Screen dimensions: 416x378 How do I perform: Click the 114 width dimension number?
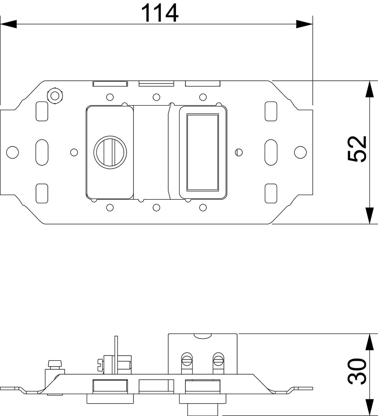click(160, 13)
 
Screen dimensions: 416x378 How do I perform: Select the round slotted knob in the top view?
click(110, 152)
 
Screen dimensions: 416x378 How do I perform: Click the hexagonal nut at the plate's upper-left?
click(55, 96)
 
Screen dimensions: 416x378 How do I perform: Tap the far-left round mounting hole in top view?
click(12, 152)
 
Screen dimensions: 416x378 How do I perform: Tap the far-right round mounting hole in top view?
click(300, 152)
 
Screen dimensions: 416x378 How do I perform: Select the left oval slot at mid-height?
click(42, 152)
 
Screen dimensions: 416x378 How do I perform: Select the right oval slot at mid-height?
click(271, 152)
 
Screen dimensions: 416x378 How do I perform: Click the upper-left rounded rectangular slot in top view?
click(42, 111)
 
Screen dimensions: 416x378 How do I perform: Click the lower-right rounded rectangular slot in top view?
click(271, 193)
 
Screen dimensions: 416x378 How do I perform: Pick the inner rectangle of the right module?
click(203, 152)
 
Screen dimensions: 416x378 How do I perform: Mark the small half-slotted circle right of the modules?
click(239, 152)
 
